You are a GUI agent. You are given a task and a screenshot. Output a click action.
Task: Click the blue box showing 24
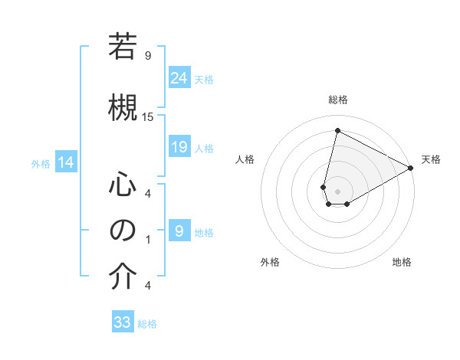(x=179, y=77)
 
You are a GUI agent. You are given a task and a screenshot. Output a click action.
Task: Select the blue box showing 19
(x=179, y=147)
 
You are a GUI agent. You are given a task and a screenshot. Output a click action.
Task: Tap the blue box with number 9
(x=179, y=231)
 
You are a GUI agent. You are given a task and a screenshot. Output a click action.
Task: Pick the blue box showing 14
(x=66, y=162)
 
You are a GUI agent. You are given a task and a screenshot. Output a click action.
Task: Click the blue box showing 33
(x=123, y=322)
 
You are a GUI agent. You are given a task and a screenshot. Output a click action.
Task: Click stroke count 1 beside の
(x=147, y=239)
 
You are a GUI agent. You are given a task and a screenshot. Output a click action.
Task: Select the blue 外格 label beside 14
(x=41, y=163)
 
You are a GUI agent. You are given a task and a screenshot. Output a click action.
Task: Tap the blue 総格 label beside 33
(x=147, y=324)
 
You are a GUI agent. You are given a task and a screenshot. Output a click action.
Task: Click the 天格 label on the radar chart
(x=431, y=159)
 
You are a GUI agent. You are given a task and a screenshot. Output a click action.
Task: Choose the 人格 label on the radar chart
(x=245, y=159)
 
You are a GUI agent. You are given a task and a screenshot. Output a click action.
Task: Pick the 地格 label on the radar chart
(x=402, y=262)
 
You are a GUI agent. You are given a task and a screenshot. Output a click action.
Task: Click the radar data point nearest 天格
(x=411, y=168)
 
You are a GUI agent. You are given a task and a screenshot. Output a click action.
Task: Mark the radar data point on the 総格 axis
(x=337, y=131)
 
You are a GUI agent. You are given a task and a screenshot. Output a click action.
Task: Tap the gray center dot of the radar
(x=337, y=191)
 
